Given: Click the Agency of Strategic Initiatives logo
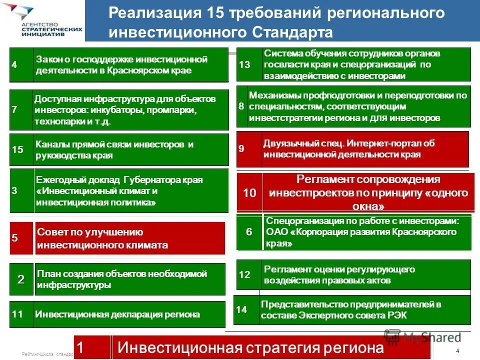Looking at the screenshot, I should coord(42,21).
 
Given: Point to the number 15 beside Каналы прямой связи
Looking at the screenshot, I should coord(17,149).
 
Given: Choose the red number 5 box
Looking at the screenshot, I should coord(14,238).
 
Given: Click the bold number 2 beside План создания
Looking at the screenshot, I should coord(21,279).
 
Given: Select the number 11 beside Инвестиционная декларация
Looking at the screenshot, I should coord(17,314).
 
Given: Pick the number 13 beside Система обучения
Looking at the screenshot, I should coord(245,64).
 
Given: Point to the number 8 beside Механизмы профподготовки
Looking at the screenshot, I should coord(241,106).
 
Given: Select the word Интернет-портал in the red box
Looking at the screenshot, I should coord(358,143).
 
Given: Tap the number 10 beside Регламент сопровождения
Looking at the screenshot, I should coord(249,193).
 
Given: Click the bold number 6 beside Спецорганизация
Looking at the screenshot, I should coord(249,232).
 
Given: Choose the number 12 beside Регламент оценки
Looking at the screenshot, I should coord(244,274).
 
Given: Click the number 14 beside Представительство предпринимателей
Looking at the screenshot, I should coord(241,309).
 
